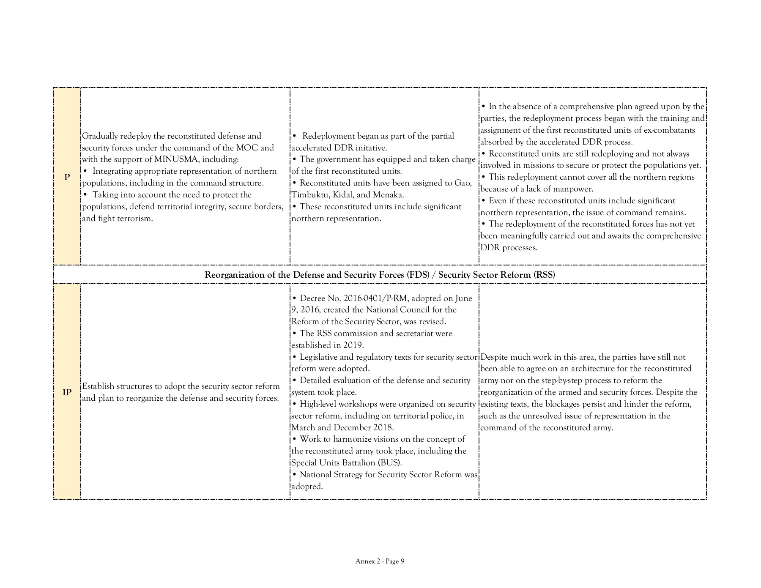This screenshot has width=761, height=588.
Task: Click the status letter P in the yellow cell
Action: [x=67, y=177]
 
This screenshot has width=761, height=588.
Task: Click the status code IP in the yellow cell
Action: [x=67, y=392]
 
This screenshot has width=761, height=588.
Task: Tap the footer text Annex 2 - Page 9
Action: [x=380, y=561]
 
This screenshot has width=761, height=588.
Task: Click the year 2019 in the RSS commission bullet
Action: [x=354, y=345]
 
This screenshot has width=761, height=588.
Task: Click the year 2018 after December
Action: [x=383, y=428]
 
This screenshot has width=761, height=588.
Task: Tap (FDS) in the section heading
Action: [x=418, y=275]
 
